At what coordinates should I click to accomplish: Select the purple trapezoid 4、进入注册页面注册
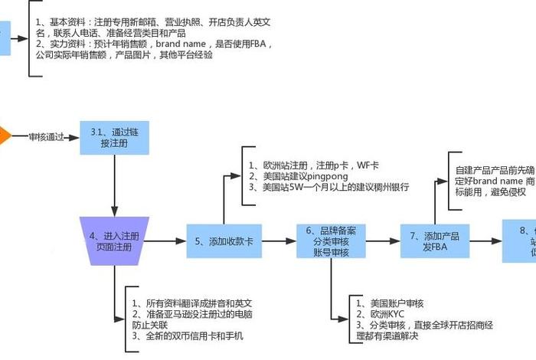tap(114, 241)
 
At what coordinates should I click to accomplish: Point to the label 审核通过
tap(46, 138)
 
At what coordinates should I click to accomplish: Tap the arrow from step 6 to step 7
tap(378, 241)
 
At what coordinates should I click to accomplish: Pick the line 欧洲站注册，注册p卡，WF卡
tap(314, 165)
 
